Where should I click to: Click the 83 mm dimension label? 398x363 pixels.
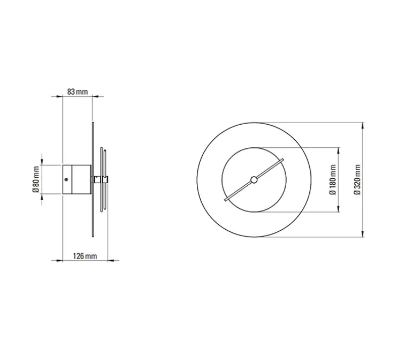coord(78,92)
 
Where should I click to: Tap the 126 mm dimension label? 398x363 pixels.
coord(85,256)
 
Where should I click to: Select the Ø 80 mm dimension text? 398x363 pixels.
coord(36,179)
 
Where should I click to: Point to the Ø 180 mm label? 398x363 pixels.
coord(333,179)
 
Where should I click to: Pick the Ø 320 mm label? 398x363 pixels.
coord(357,179)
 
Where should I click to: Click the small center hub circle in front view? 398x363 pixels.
coord(254,180)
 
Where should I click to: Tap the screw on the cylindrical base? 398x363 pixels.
coord(66,179)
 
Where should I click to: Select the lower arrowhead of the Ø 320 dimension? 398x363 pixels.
coord(363,234)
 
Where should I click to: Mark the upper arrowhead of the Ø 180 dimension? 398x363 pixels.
coord(338,150)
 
